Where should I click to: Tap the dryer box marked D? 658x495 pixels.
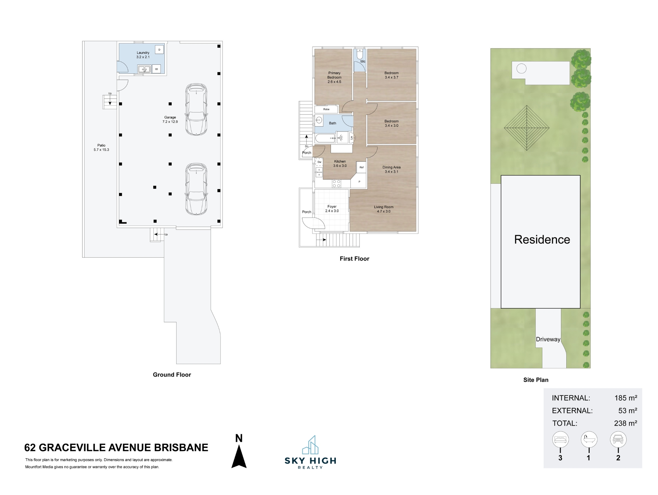point(159,50)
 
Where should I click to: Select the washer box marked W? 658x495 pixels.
point(156,69)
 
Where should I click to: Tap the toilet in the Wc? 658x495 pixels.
point(360,54)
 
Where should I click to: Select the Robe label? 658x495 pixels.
point(326,109)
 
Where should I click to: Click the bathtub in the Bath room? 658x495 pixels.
point(325,138)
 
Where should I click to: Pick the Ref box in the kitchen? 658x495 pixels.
point(362,167)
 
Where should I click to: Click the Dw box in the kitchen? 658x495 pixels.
point(320,162)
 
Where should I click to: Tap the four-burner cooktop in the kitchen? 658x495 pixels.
point(336,183)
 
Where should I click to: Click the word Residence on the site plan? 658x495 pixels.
point(542,240)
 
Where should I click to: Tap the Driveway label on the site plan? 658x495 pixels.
point(548,339)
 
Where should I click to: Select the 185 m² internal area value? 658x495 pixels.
point(625,398)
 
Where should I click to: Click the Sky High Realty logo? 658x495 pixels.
point(310,452)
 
